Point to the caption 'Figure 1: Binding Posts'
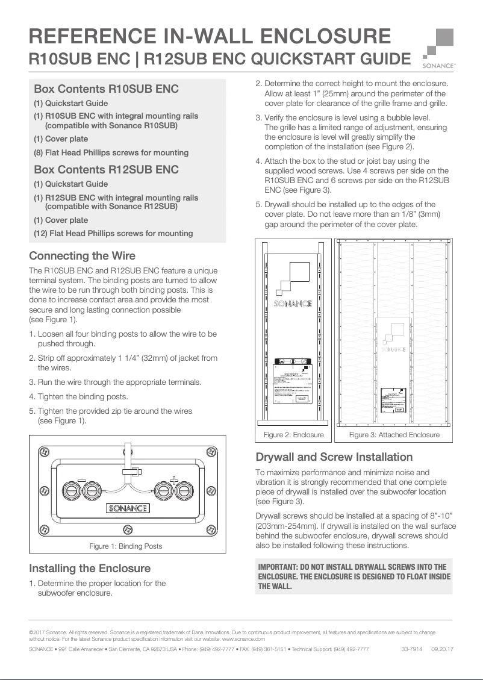pyautogui.click(x=126, y=546)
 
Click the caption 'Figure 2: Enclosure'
pyautogui.click(x=294, y=435)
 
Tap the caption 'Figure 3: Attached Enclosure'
pyautogui.click(x=394, y=435)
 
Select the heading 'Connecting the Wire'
pyautogui.click(x=83, y=256)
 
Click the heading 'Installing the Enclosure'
pyautogui.click(x=90, y=569)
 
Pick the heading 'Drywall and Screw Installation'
pyautogui.click(x=334, y=457)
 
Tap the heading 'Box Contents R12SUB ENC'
pyautogui.click(x=107, y=169)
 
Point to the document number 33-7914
pyautogui.click(x=411, y=649)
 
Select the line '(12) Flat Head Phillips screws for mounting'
pyautogui.click(x=113, y=234)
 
